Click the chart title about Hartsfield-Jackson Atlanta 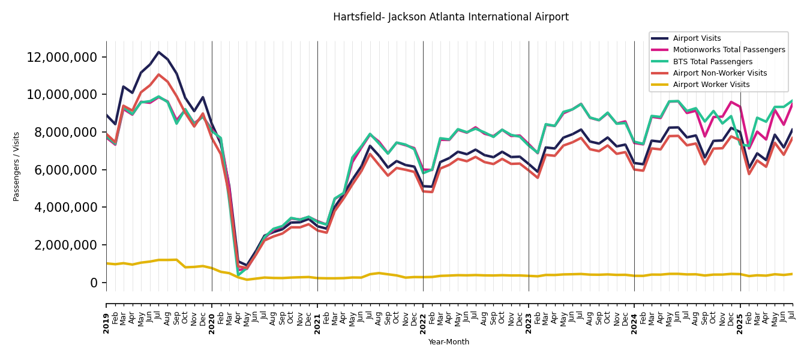click(x=451, y=17)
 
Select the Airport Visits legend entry click(x=697, y=38)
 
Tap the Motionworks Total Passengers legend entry click(x=728, y=50)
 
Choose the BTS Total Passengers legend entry click(x=712, y=62)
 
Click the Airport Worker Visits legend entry click(x=711, y=85)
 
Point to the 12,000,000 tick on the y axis click(x=62, y=58)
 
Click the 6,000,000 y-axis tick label click(x=66, y=170)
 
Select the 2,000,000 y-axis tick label click(x=66, y=245)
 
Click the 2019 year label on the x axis click(x=106, y=323)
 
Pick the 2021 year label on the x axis click(x=317, y=323)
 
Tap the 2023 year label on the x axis click(x=529, y=323)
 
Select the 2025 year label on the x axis click(x=740, y=323)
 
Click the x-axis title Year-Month click(x=449, y=342)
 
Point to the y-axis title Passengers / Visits click(x=17, y=166)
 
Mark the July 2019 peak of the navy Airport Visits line click(x=159, y=52)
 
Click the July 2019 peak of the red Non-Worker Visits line click(x=159, y=74)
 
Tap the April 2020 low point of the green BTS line click(x=238, y=275)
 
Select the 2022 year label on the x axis click(x=423, y=323)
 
